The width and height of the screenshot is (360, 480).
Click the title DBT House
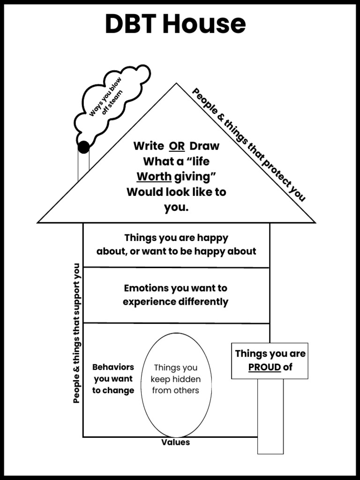click(x=175, y=24)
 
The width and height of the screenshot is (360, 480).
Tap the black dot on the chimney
click(x=83, y=147)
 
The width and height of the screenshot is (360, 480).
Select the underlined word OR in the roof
click(x=177, y=146)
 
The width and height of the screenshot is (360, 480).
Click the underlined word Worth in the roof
click(x=154, y=177)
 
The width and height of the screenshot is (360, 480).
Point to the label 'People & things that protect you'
click(x=249, y=145)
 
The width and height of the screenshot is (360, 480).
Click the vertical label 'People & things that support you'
click(x=77, y=333)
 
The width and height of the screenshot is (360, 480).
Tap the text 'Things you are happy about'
click(x=176, y=244)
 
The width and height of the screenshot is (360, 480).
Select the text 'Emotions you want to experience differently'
click(x=176, y=295)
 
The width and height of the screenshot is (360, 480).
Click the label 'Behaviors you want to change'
click(x=113, y=379)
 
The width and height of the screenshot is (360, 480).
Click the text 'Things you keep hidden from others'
click(x=176, y=379)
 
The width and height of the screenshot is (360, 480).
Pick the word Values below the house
click(x=176, y=442)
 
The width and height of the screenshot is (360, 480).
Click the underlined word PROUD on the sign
click(x=264, y=367)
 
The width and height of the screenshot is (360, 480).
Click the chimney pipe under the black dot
click(x=83, y=166)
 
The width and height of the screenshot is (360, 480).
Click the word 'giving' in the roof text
click(x=195, y=177)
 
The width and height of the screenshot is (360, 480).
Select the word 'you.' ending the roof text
click(x=176, y=207)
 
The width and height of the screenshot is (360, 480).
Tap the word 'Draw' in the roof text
click(x=204, y=146)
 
